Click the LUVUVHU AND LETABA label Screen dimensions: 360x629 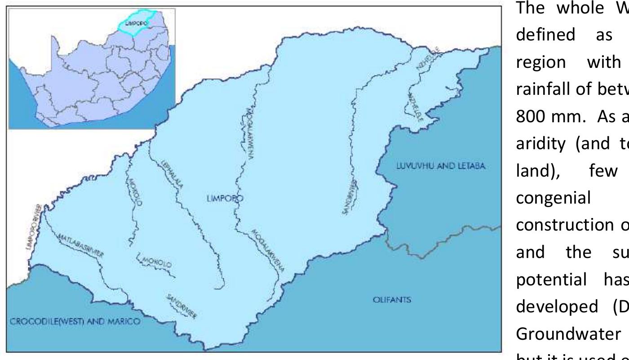[x=440, y=154]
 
